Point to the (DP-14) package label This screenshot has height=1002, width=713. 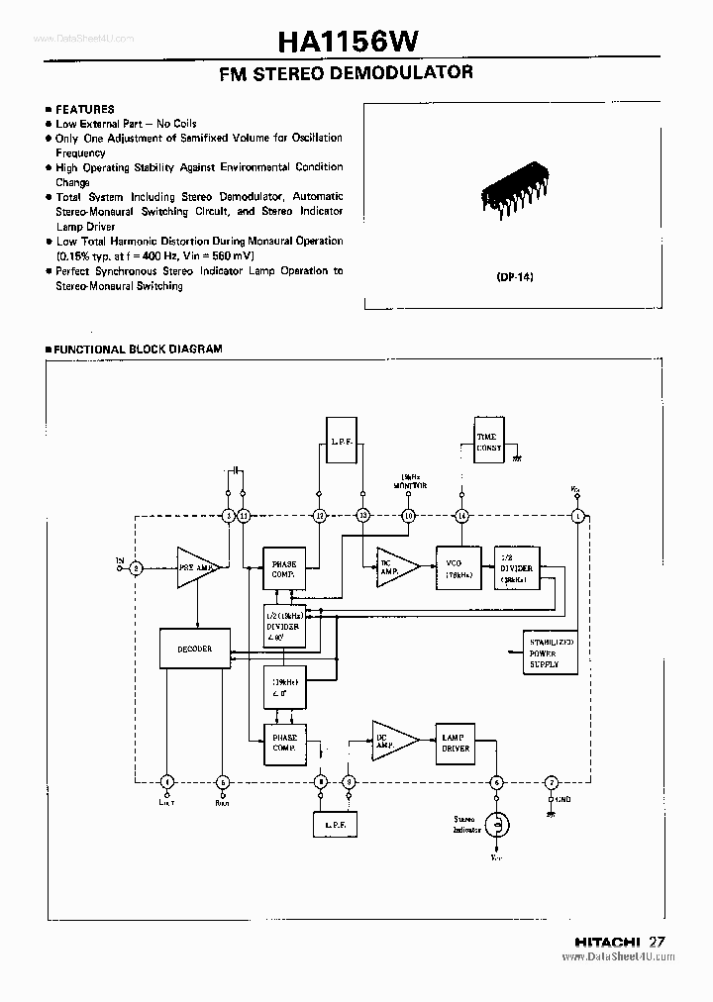tap(515, 277)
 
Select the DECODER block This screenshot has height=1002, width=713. tap(194, 650)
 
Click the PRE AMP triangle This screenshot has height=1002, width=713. tap(198, 567)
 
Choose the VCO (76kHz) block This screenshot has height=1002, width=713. tap(458, 567)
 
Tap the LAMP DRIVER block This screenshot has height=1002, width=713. tap(456, 743)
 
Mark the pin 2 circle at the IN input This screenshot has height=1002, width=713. tap(137, 567)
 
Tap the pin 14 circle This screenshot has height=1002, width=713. tap(460, 515)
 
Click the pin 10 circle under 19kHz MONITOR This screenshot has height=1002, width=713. tap(407, 515)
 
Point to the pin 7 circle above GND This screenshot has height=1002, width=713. tap(553, 782)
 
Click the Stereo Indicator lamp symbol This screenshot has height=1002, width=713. tap(500, 824)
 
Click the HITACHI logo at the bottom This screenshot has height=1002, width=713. tap(609, 942)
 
